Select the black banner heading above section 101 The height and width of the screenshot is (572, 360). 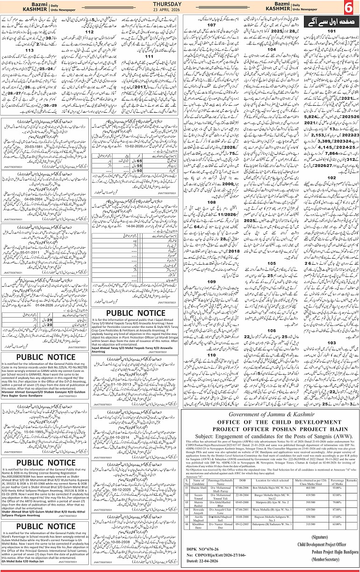tap(330, 22)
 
